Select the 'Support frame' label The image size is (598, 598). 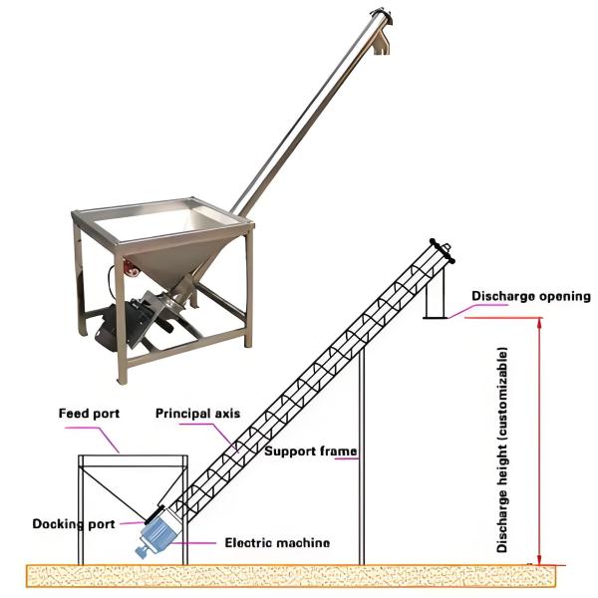click(310, 451)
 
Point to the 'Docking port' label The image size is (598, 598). click(73, 522)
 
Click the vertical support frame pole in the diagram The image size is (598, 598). click(361, 448)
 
